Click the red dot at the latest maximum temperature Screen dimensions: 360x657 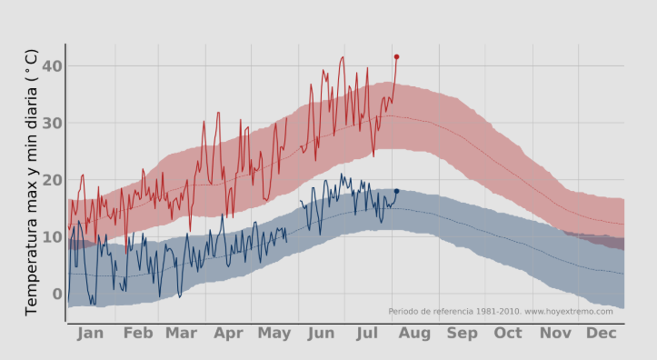click(396, 56)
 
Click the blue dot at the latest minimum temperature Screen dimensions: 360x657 click(396, 191)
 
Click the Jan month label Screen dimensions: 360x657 click(90, 334)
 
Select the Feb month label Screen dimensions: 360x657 click(137, 334)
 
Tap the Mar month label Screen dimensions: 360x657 click(182, 334)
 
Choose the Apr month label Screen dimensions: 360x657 click(228, 334)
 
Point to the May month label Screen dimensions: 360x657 click(274, 334)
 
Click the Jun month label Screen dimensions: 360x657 click(322, 334)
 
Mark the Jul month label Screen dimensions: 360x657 click(368, 334)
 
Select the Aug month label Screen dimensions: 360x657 click(414, 334)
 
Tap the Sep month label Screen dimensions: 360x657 click(462, 334)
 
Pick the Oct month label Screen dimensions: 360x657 click(508, 334)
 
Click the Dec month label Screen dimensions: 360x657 click(601, 334)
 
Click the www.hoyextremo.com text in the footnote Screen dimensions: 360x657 click(568, 311)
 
